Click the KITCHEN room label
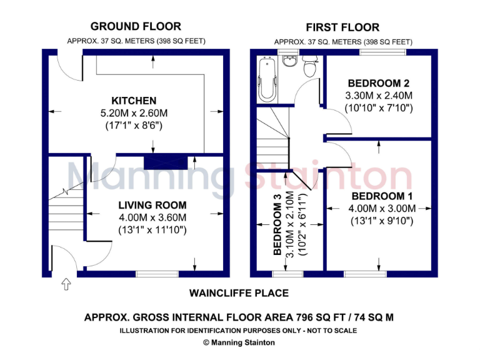pyautogui.click(x=134, y=101)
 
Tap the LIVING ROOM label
pyautogui.click(x=152, y=205)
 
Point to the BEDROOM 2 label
pyautogui.click(x=379, y=83)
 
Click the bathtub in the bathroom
pyautogui.click(x=266, y=80)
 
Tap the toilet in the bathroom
pyautogui.click(x=309, y=66)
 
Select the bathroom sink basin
pyautogui.click(x=289, y=61)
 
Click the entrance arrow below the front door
pyautogui.click(x=66, y=285)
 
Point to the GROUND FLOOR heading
pyautogui.click(x=136, y=26)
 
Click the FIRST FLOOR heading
pyautogui.click(x=342, y=27)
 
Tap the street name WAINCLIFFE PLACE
pyautogui.click(x=239, y=293)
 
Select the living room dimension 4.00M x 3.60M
pyautogui.click(x=152, y=217)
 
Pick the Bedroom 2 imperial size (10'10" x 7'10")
pyautogui.click(x=379, y=107)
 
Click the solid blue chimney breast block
pyautogui.click(x=166, y=162)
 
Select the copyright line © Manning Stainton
pyautogui.click(x=239, y=342)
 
